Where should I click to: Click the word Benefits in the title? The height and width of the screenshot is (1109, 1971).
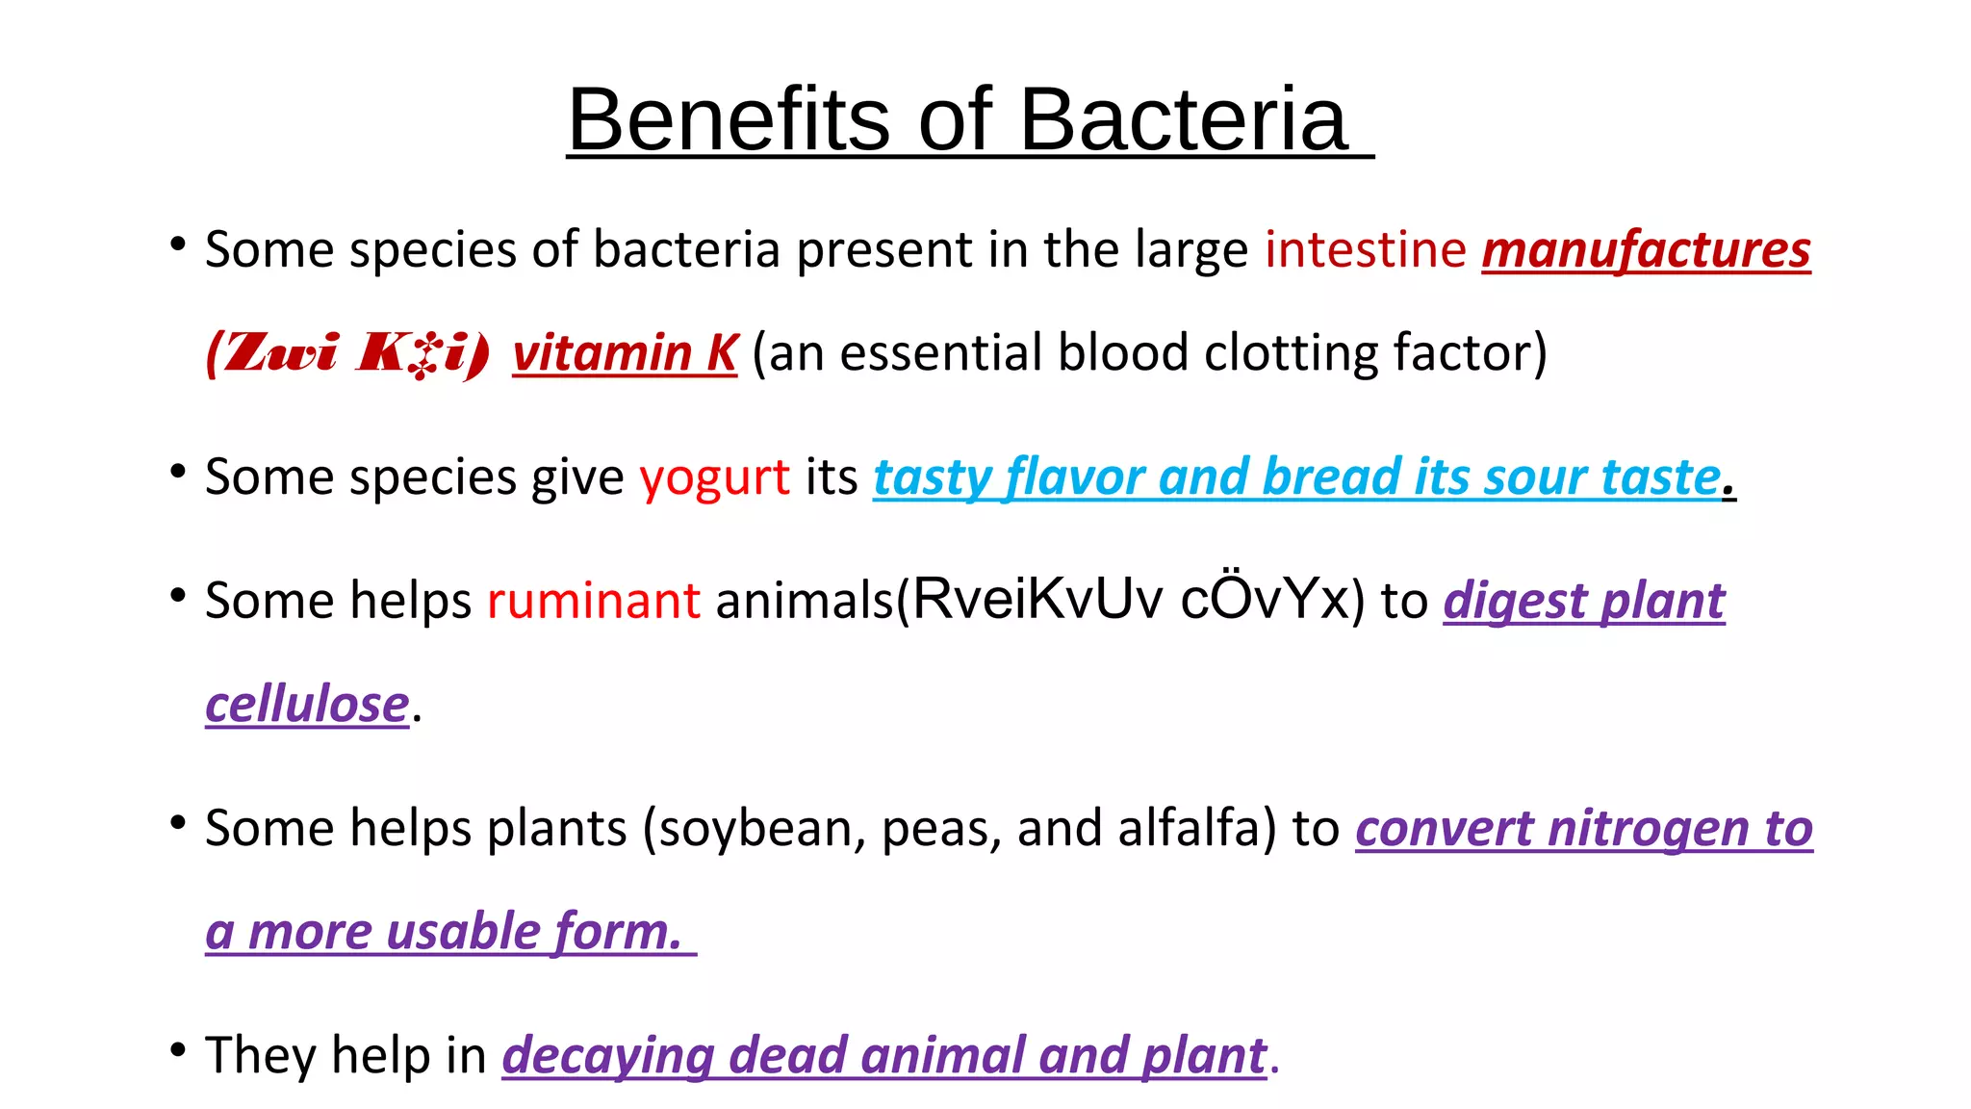pos(729,119)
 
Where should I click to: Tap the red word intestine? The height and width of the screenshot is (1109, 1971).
pos(1365,250)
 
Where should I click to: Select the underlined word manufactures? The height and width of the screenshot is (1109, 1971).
pos(1646,250)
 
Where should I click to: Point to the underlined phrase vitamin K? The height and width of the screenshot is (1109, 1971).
pos(625,352)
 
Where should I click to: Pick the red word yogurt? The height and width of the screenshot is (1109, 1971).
pos(714,477)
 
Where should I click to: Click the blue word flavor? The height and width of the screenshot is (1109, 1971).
pos(1074,477)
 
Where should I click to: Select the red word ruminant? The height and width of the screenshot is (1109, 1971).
pos(594,601)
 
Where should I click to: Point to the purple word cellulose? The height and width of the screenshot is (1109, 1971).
pos(307,705)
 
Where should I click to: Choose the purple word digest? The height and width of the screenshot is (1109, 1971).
pos(1515,603)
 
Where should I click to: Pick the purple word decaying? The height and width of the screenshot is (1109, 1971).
pos(607,1056)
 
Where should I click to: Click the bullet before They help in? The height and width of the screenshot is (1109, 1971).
pos(177,1050)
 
